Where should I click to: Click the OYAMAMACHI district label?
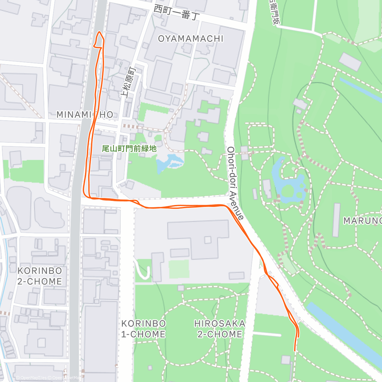(x=191, y=39)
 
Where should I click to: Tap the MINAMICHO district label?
(x=85, y=115)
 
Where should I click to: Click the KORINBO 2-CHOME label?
(x=40, y=276)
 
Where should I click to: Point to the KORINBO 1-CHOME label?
(x=144, y=329)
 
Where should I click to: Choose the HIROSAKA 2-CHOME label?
(x=220, y=329)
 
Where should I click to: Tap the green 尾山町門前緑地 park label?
(x=129, y=148)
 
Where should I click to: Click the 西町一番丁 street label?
(x=177, y=12)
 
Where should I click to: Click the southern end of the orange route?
(x=295, y=350)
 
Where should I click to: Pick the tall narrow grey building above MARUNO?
(x=336, y=220)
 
